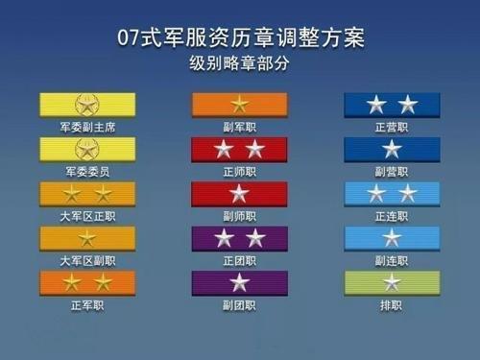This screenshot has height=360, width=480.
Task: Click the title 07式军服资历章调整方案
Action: click(x=239, y=39)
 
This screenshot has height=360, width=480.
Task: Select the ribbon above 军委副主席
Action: click(x=87, y=104)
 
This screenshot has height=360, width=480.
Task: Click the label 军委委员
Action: click(x=87, y=171)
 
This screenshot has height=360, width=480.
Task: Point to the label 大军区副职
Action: click(x=87, y=260)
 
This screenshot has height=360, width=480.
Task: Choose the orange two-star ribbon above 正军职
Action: click(x=87, y=282)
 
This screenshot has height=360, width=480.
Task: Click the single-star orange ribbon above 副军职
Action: click(x=239, y=104)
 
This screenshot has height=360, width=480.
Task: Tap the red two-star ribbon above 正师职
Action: click(x=239, y=149)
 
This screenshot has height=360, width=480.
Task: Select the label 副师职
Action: click(x=239, y=216)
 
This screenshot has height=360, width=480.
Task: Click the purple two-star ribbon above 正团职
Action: click(x=239, y=238)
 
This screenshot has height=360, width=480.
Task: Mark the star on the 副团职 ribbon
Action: click(x=239, y=282)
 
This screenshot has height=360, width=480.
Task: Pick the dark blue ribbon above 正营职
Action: click(x=392, y=104)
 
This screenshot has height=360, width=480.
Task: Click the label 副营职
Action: click(x=392, y=171)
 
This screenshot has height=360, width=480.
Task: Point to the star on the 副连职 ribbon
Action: click(x=392, y=238)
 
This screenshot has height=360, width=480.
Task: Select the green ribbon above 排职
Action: click(x=392, y=282)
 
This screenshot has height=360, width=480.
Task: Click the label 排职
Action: click(x=392, y=305)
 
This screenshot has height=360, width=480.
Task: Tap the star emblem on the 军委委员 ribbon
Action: click(x=87, y=149)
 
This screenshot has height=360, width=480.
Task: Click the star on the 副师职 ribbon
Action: click(x=239, y=193)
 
